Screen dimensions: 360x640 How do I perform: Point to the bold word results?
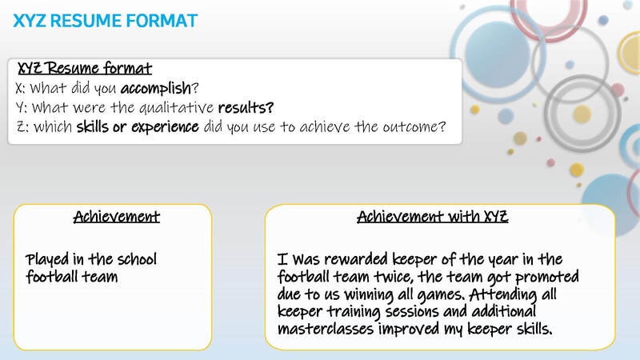tap(246, 107)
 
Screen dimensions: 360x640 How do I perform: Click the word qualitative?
tap(174, 107)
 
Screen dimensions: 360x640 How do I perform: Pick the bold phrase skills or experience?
tap(137, 126)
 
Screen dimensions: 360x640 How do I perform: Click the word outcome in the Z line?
tap(409, 126)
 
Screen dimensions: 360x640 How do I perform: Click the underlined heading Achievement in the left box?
tap(117, 217)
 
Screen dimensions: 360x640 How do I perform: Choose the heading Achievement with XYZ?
tap(433, 217)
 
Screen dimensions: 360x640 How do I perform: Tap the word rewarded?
tap(354, 260)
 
